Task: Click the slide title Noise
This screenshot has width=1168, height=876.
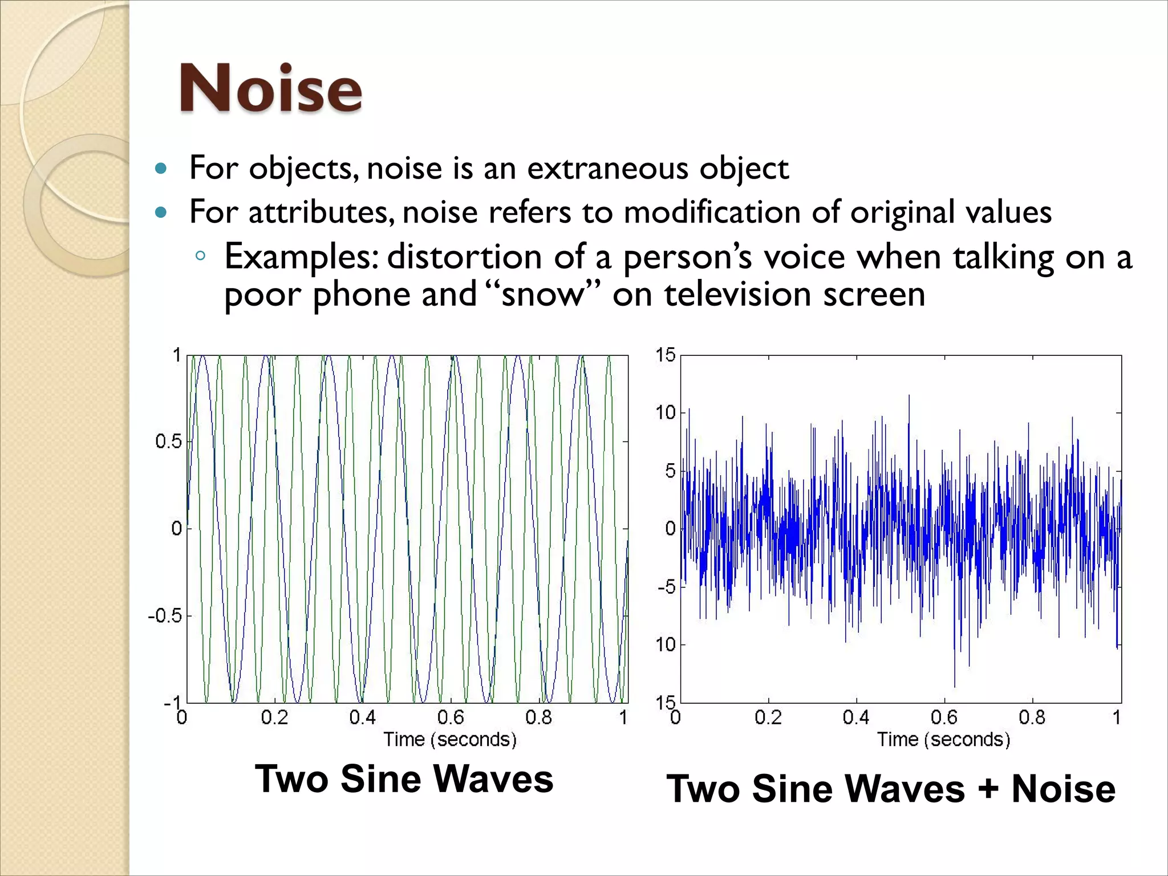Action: (x=271, y=88)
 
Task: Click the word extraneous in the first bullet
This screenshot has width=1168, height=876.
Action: (x=608, y=168)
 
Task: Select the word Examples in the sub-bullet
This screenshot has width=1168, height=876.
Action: (x=301, y=257)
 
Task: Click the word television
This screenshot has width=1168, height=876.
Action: (x=739, y=295)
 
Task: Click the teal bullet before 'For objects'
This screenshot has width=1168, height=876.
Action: (x=161, y=169)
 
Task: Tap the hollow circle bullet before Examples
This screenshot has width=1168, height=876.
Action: (x=200, y=256)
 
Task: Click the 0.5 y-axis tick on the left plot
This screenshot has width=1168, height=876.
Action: (x=168, y=441)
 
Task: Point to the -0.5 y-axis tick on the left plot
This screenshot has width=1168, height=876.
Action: (x=165, y=616)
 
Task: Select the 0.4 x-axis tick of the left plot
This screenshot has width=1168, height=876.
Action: (x=363, y=717)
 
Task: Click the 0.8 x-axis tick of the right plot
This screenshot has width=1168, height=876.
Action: (x=1032, y=717)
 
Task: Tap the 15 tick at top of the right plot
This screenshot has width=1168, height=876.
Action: (x=665, y=355)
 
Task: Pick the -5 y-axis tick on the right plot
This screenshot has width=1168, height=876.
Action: (x=666, y=587)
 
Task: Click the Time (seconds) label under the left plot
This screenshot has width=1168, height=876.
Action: (x=450, y=740)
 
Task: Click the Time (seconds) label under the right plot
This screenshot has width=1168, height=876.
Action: (x=944, y=740)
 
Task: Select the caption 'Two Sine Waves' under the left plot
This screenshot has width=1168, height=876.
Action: (x=404, y=779)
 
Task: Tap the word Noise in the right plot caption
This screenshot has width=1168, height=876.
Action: (x=1063, y=789)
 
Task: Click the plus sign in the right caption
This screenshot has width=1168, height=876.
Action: (x=988, y=789)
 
